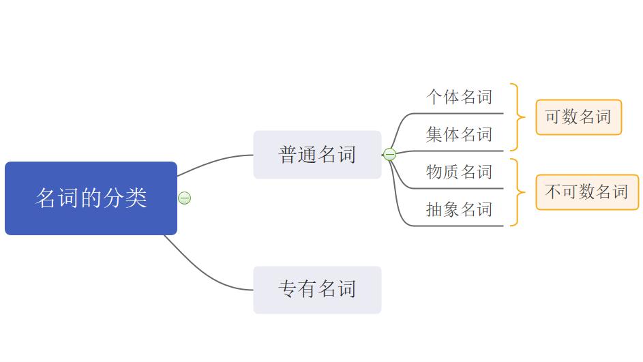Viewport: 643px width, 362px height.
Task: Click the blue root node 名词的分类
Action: click(91, 198)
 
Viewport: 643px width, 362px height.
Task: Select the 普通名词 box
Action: click(317, 155)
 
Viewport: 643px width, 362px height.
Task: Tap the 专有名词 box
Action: click(317, 290)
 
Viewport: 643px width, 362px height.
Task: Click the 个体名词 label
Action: click(459, 97)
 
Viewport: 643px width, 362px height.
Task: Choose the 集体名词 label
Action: click(459, 134)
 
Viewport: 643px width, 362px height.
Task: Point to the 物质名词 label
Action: click(459, 172)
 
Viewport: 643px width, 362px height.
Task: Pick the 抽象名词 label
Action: click(459, 209)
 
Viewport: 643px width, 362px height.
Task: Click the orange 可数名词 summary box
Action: click(578, 117)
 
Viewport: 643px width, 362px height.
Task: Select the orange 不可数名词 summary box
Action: click(586, 192)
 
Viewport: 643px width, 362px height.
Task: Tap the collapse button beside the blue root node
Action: click(184, 198)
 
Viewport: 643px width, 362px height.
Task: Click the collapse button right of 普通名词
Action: click(389, 155)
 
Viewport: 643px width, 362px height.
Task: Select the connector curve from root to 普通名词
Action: click(211, 162)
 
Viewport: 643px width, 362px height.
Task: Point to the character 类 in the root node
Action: click(137, 198)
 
